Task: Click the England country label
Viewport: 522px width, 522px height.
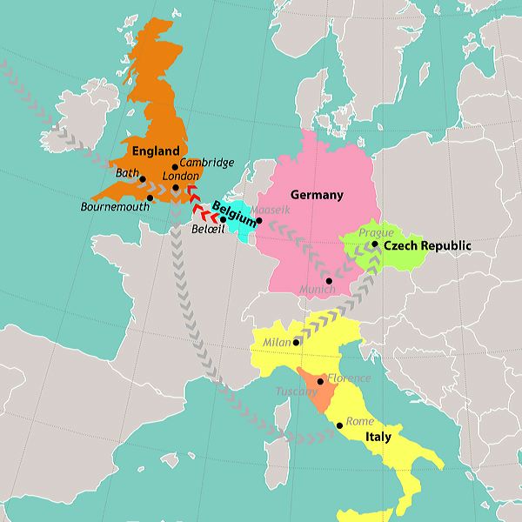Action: [156, 151]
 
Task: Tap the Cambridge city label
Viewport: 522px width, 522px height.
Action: [207, 162]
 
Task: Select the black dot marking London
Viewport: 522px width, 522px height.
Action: [176, 187]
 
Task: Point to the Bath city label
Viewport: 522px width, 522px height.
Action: [127, 174]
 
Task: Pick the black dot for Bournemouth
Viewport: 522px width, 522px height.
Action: [151, 197]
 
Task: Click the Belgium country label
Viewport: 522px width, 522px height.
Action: [233, 213]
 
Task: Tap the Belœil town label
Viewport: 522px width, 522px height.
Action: [207, 231]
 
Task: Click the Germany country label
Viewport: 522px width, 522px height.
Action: [317, 195]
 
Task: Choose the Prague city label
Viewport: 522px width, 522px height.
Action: [376, 232]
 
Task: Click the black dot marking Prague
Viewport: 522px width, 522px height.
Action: [375, 244]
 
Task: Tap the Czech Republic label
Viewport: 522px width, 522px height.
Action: [427, 246]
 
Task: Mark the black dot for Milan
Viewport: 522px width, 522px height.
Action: [298, 342]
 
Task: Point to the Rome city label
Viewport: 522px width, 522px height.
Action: [360, 421]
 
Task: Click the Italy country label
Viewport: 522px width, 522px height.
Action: [378, 437]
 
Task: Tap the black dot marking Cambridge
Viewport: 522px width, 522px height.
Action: [175, 167]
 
